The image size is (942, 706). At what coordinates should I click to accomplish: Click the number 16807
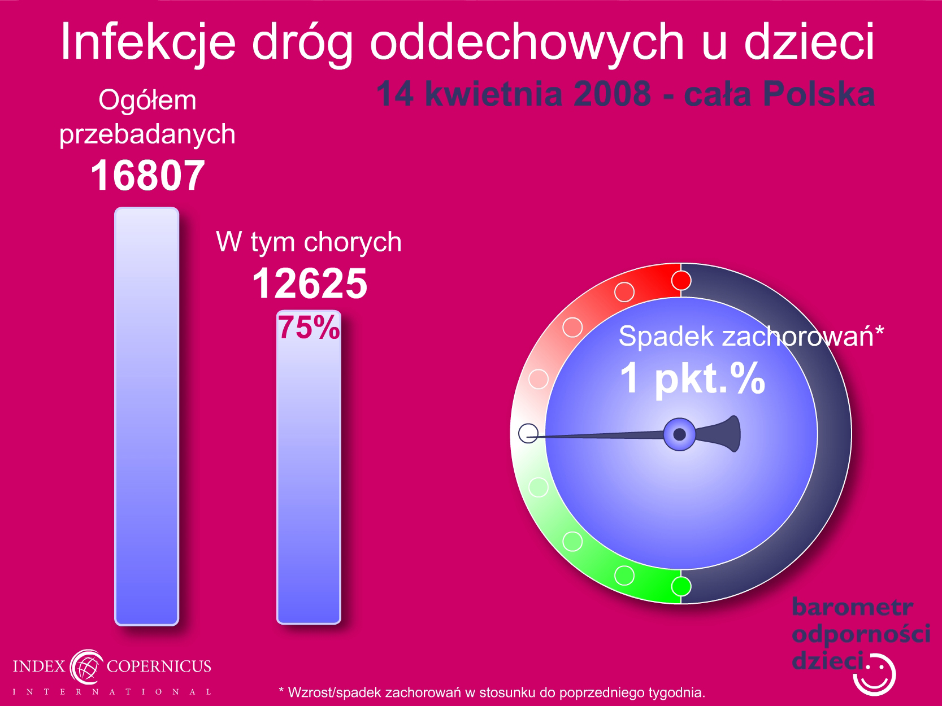point(147,176)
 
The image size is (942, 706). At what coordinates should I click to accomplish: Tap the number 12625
point(310,284)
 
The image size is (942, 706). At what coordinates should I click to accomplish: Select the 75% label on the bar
point(309,327)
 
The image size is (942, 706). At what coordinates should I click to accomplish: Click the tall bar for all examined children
point(147,416)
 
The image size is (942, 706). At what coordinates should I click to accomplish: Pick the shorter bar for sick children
point(309,467)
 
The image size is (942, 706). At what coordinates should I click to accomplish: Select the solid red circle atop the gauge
point(681,281)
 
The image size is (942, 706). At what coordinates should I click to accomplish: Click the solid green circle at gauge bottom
point(681,586)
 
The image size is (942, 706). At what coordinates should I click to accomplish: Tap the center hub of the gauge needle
point(679,434)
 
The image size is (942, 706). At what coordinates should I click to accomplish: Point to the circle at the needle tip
point(528,433)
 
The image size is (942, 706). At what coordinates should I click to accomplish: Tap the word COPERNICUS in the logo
point(159,666)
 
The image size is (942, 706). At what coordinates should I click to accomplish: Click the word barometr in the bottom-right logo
point(852,607)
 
